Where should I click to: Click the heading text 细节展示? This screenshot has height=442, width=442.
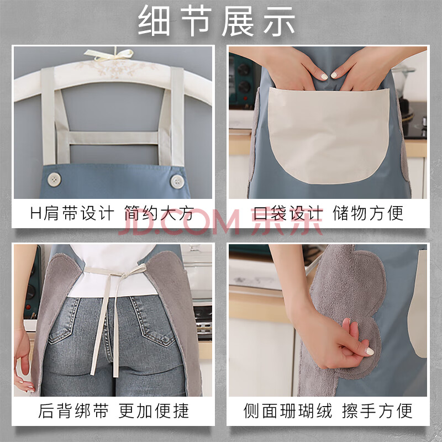tap(217, 21)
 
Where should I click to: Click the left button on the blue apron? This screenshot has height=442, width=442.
tap(54, 179)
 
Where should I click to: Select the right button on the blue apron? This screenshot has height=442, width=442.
tap(177, 182)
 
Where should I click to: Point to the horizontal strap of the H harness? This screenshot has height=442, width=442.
tap(113, 138)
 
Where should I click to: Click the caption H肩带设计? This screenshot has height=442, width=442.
tap(72, 213)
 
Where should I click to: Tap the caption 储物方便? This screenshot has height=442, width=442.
tap(368, 213)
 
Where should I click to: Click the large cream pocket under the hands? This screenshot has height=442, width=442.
tap(329, 135)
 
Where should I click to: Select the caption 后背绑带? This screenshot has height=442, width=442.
tap(73, 411)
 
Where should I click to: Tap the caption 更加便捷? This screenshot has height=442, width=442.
tap(154, 411)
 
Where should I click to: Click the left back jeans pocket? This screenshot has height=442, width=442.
tap(64, 320)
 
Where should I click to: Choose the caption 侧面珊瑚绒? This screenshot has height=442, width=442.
tap(288, 411)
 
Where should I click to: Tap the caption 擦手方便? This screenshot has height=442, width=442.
tap(377, 411)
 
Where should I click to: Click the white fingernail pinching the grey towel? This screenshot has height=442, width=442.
tap(370, 351)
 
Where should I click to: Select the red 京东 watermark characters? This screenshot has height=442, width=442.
tap(287, 222)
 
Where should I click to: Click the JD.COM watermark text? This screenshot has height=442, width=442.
tap(179, 223)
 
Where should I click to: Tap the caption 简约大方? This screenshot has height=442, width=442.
tap(159, 213)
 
